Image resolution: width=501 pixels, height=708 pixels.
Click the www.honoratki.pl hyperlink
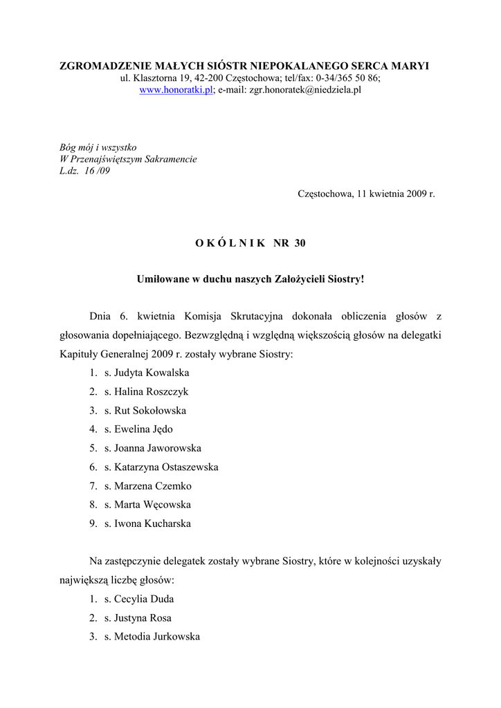(176, 90)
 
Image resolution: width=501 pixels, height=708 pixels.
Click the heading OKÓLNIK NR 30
(250, 243)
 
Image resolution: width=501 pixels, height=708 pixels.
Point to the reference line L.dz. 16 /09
(84, 171)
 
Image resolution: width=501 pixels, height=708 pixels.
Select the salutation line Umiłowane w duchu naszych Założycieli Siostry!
(250, 279)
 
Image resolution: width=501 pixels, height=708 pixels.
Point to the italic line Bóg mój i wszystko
(98, 147)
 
